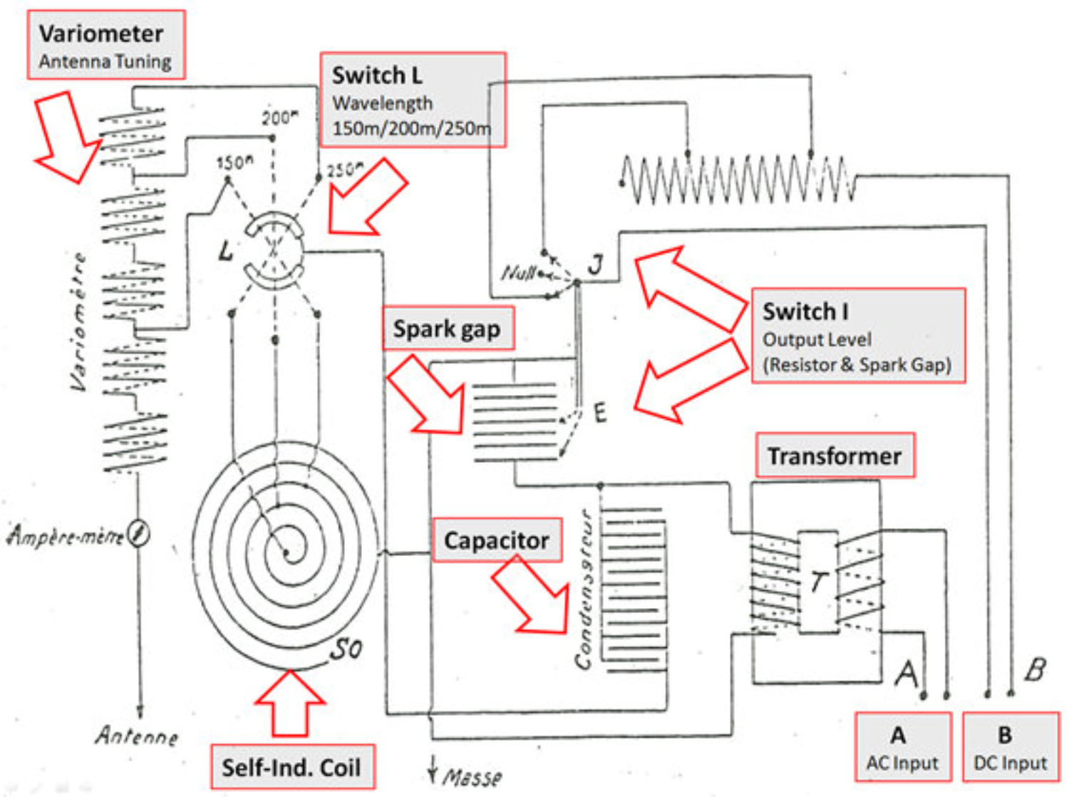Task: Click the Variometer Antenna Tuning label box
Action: click(106, 45)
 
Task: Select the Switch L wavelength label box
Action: click(413, 100)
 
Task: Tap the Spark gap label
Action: click(448, 329)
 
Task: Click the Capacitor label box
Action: click(496, 540)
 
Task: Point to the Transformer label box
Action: click(835, 456)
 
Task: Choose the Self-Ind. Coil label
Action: click(291, 767)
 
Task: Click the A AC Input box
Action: click(902, 747)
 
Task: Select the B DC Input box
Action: click(1010, 747)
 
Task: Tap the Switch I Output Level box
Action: click(858, 336)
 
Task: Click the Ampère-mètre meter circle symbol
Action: click(140, 534)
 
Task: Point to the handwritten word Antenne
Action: click(137, 735)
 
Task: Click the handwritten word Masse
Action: click(472, 776)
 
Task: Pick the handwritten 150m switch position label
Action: click(234, 163)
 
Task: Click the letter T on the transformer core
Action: click(818, 582)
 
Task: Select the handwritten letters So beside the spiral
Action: click(347, 649)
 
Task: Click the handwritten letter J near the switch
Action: click(596, 265)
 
